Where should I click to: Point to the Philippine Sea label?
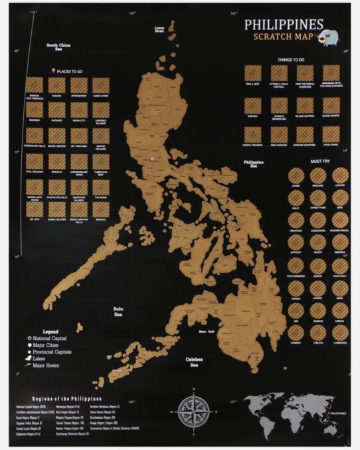tap(254, 164)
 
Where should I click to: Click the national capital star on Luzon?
tap(152, 159)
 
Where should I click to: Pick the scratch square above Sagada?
tap(56, 85)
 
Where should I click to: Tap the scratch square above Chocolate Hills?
tap(56, 187)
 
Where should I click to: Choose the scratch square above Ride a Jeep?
tap(252, 73)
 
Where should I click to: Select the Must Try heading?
tap(317, 160)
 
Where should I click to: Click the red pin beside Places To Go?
tap(52, 70)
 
